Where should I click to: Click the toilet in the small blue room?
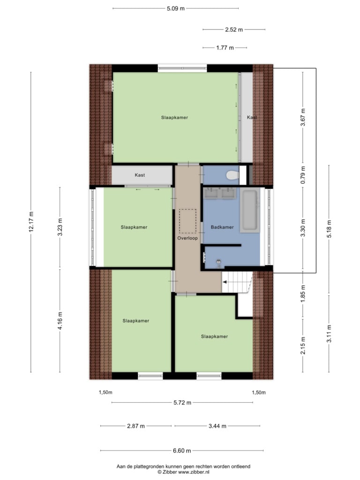tap(232, 175)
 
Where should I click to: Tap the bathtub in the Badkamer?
tap(250, 210)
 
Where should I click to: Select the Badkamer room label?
tap(222, 227)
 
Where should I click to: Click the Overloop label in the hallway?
tap(187, 238)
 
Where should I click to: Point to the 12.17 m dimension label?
tap(31, 222)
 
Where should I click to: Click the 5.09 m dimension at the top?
tap(176, 8)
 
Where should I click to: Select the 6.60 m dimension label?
tap(182, 450)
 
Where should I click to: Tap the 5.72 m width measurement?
tap(182, 403)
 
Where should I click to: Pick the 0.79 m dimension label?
tap(303, 175)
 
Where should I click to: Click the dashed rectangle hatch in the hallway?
tap(187, 221)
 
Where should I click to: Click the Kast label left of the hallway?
tap(140, 175)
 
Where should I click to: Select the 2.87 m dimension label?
tap(136, 426)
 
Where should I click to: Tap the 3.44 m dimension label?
tap(217, 426)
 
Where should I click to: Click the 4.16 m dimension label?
tap(60, 321)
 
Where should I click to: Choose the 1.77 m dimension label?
tap(225, 48)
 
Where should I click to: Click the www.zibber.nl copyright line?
tap(183, 472)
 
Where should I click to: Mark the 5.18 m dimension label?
tap(329, 229)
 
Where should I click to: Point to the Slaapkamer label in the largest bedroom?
tap(174, 118)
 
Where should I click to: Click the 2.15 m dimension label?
tap(303, 345)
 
